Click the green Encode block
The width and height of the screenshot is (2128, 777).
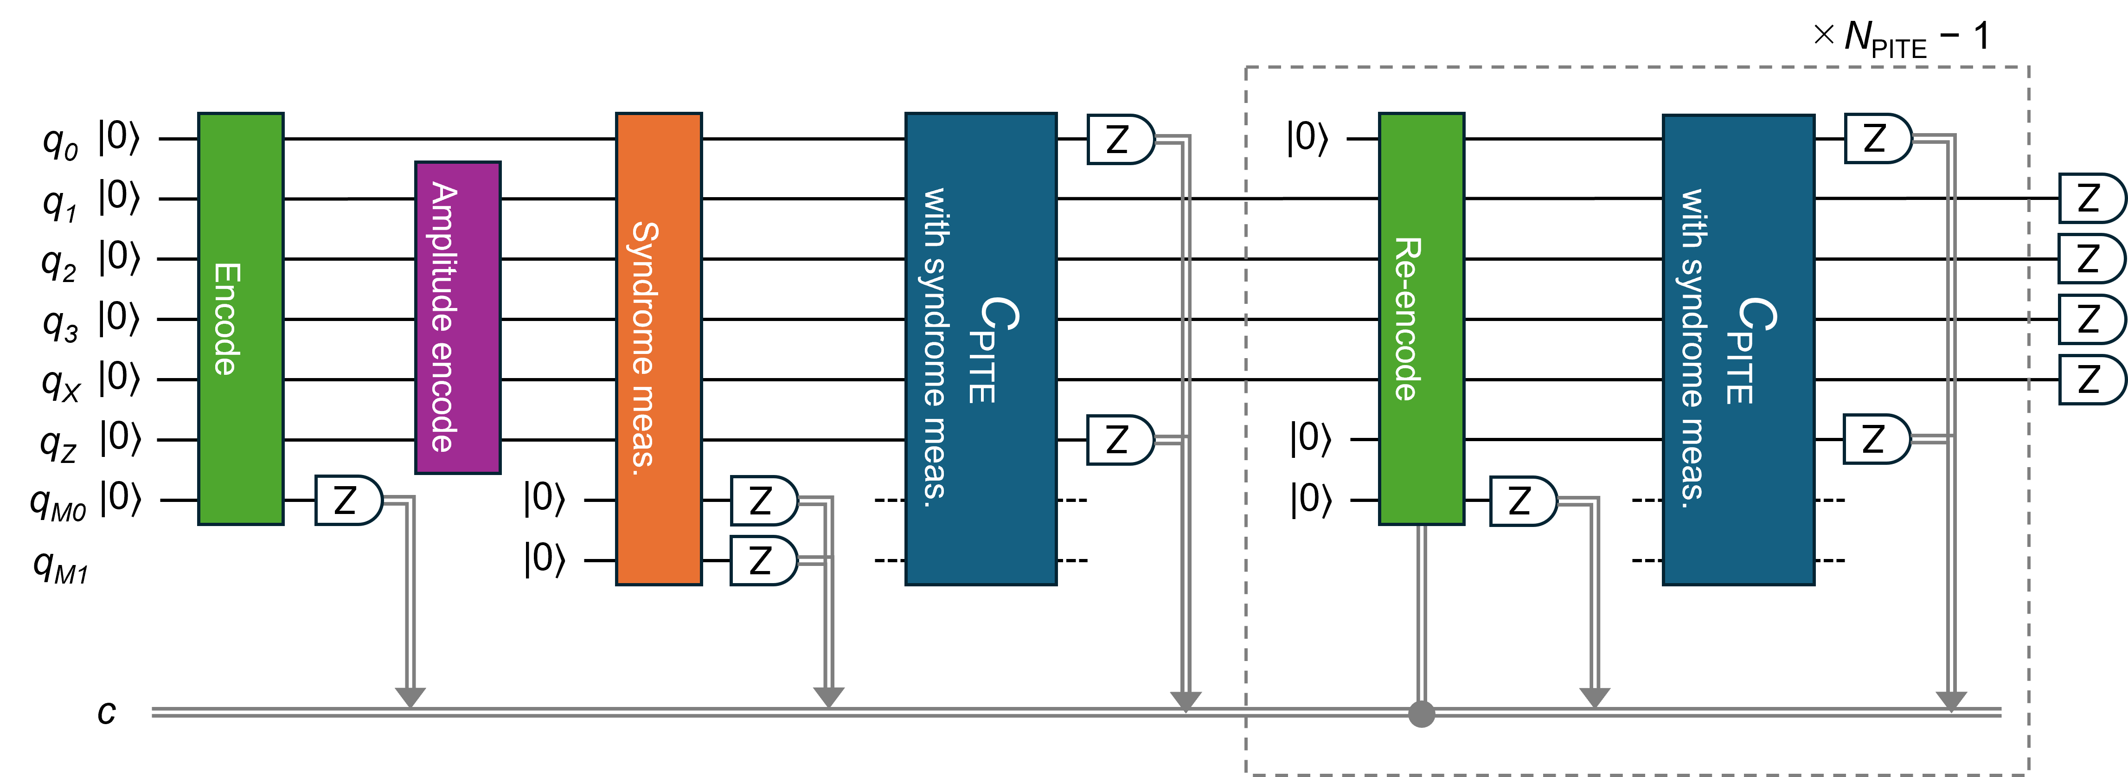coord(240,318)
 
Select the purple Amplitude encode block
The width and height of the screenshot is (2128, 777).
coord(458,317)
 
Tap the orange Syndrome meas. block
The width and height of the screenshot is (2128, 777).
coord(659,348)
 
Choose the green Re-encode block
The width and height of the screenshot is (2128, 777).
coord(1421,318)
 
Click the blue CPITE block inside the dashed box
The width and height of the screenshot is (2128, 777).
coord(1738,349)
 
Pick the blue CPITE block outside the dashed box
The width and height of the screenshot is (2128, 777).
coord(981,348)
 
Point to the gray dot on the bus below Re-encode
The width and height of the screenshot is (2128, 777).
coord(1421,713)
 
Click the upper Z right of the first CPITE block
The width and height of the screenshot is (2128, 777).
coord(1119,139)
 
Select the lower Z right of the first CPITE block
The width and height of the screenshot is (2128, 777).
coord(1119,440)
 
